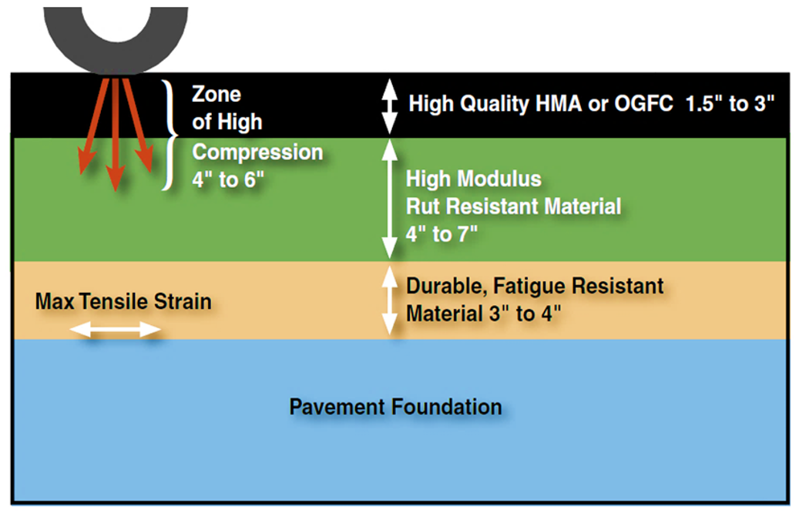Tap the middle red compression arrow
[116, 133]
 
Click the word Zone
[216, 94]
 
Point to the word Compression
[257, 153]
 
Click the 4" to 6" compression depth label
[228, 179]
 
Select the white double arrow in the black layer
[390, 106]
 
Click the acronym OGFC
[643, 103]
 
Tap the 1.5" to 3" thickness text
[730, 103]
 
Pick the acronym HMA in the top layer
[559, 103]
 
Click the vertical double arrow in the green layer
[390, 199]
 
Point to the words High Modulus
[473, 179]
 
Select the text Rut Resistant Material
[514, 206]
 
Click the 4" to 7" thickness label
[441, 234]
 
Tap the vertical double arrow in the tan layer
[390, 300]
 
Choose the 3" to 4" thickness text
[525, 313]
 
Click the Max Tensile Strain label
[123, 301]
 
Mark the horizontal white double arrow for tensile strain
[116, 330]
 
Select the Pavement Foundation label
[395, 407]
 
